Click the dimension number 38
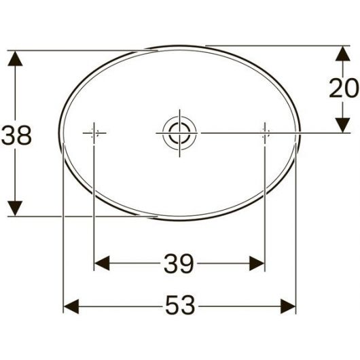pyautogui.click(x=16, y=135)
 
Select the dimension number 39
pyautogui.click(x=179, y=263)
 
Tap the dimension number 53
pyautogui.click(x=180, y=305)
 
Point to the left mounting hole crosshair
pyautogui.click(x=94, y=133)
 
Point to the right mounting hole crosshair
pyautogui.click(x=265, y=133)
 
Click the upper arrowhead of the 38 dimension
pyautogui.click(x=15, y=58)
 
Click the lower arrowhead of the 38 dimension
pyautogui.click(x=15, y=209)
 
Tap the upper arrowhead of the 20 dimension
pyautogui.click(x=342, y=54)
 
